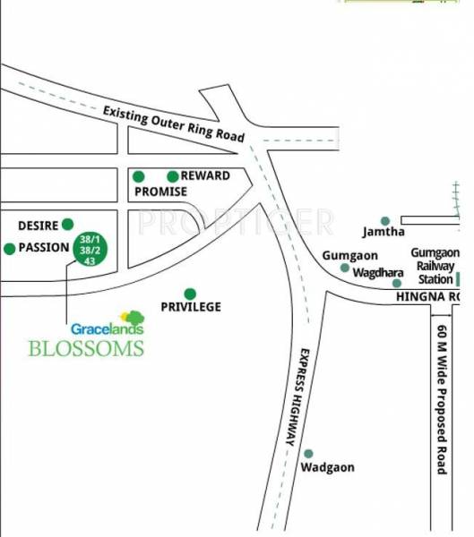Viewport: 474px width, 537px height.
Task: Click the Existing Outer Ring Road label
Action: tap(173, 124)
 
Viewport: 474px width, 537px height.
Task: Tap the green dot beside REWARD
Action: tap(172, 176)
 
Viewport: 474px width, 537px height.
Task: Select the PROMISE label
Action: tap(160, 192)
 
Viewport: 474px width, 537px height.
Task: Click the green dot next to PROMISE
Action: tap(139, 176)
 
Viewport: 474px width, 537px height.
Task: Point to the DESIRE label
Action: tap(38, 226)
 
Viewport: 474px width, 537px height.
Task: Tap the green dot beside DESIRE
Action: tap(67, 225)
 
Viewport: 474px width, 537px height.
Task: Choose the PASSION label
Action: tap(45, 248)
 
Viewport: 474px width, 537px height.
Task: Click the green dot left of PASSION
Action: tap(10, 248)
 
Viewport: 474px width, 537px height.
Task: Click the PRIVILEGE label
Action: tap(190, 307)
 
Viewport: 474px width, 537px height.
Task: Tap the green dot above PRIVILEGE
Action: tap(190, 293)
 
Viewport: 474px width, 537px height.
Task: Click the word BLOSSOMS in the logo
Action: tap(86, 348)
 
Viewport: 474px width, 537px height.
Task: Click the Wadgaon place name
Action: tap(327, 468)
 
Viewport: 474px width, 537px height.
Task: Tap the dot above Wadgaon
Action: tap(308, 454)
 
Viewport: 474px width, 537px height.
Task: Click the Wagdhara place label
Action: tap(376, 273)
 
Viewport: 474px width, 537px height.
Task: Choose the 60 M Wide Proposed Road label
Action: tap(441, 398)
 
